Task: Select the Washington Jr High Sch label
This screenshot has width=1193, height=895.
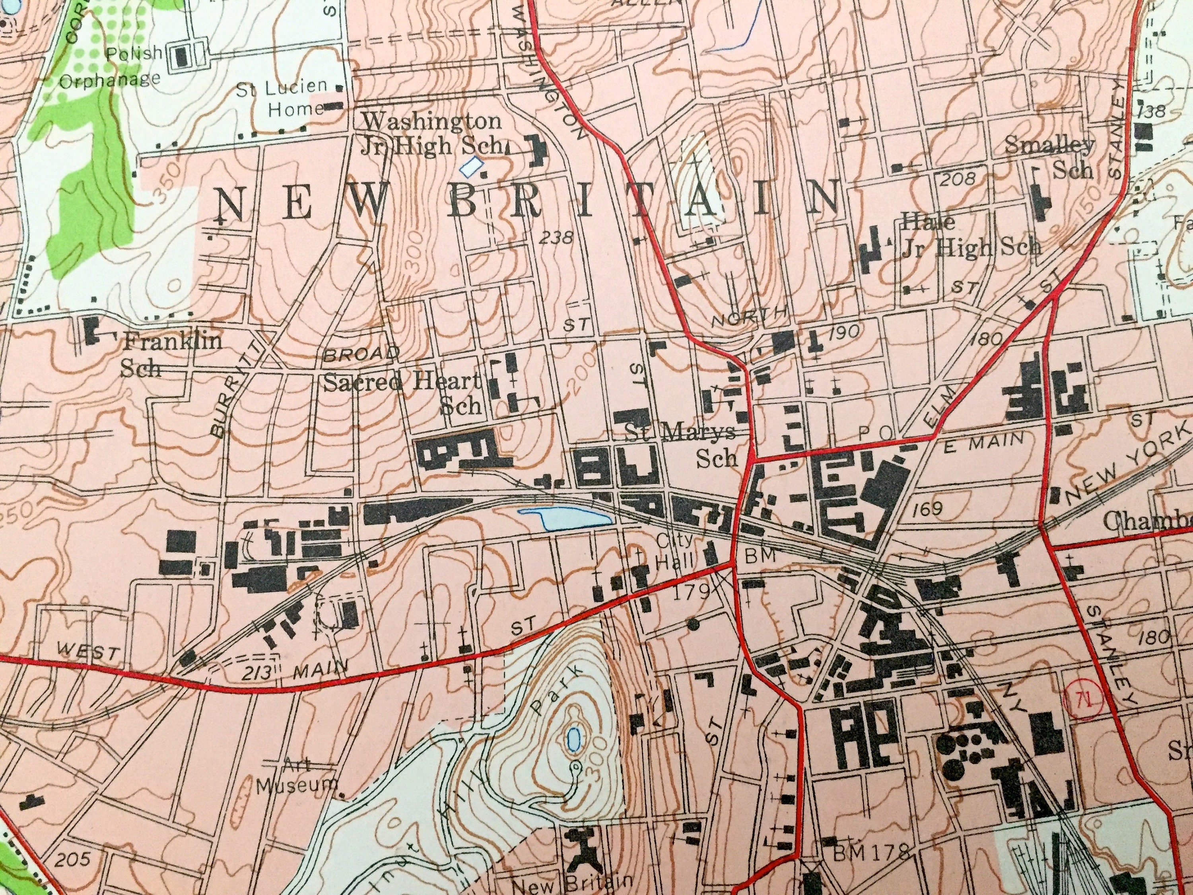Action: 431,133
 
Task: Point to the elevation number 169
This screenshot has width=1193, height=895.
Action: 928,509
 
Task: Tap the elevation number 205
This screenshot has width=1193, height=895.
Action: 73,859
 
